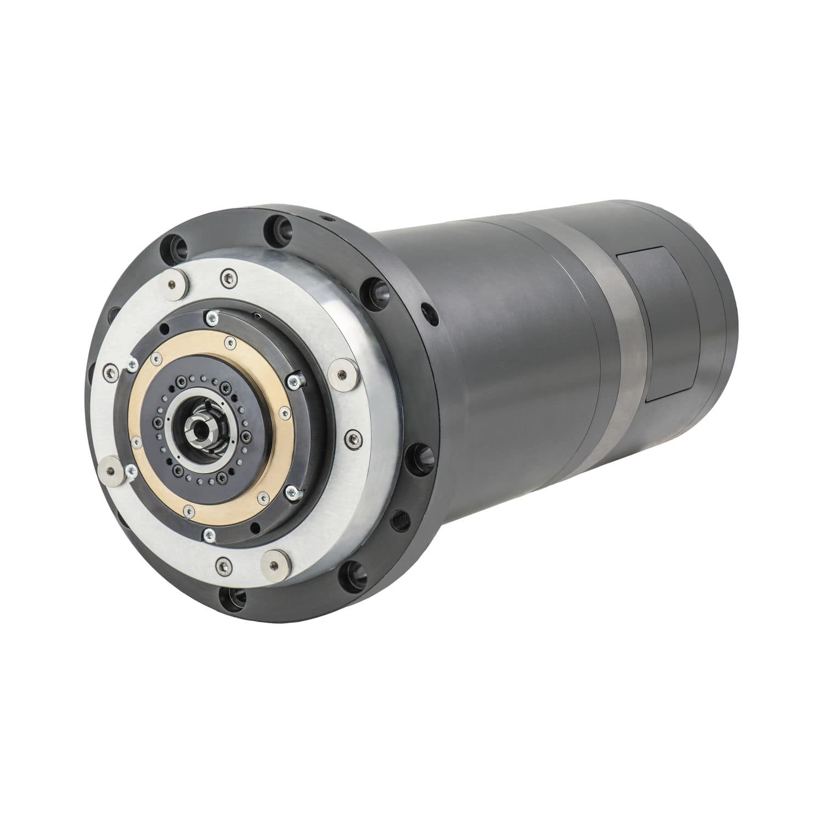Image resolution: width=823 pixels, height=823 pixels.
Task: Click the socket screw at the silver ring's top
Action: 227,278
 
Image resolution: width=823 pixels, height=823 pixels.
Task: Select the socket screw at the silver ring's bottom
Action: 223,565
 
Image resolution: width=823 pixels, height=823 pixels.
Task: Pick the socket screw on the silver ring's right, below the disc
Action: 354,438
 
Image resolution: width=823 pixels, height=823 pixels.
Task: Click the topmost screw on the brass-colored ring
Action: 230,343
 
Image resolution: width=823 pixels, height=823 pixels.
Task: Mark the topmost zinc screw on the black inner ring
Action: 211,317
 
